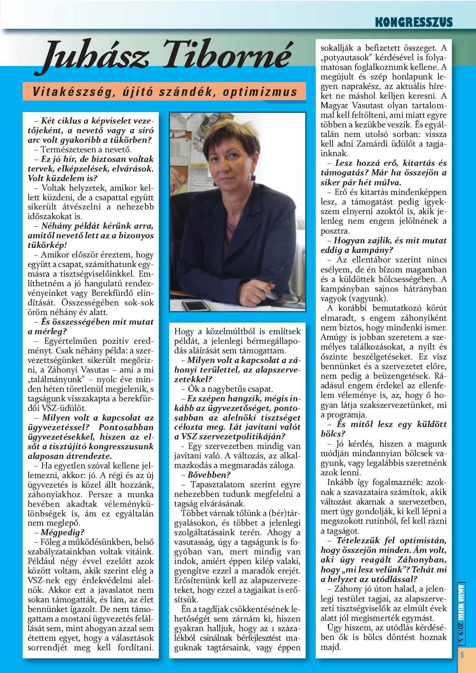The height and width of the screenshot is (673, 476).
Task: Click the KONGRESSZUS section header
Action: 413,22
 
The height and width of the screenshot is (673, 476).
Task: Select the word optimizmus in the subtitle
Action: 260,92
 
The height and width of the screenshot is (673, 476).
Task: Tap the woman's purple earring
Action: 253,176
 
